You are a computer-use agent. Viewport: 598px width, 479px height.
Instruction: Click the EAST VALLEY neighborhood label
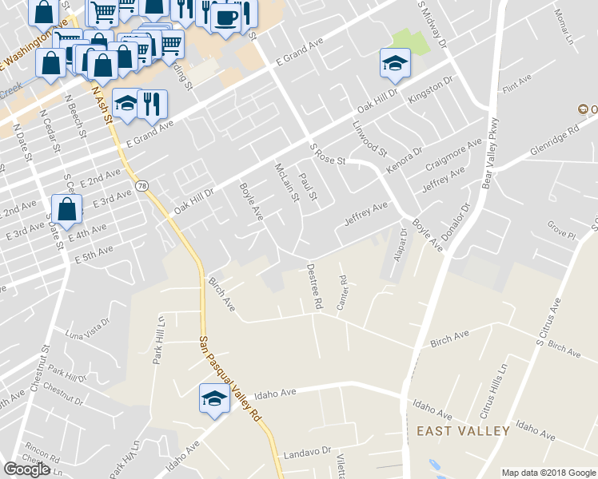tap(463, 431)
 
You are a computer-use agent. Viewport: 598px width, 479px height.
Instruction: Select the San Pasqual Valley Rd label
tap(229, 379)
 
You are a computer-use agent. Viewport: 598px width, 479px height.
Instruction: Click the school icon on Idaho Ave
tap(213, 399)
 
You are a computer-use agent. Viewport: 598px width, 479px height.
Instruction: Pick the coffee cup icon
tap(225, 18)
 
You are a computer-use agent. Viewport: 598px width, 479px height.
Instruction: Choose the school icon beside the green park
tap(394, 64)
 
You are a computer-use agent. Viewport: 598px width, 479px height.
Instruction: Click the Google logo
tap(26, 469)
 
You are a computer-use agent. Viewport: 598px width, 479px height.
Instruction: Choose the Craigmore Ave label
tap(454, 152)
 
